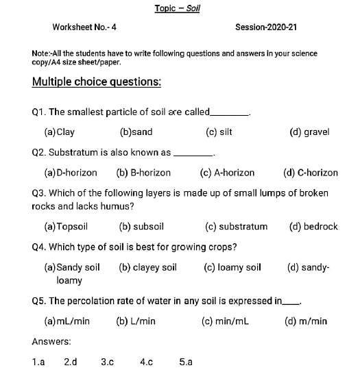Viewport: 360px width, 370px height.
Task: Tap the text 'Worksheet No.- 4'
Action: coord(84,27)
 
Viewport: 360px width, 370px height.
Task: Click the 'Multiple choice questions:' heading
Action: coord(97,83)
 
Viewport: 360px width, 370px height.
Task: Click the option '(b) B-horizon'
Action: coord(143,173)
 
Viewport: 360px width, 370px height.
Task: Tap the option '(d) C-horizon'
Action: coord(310,173)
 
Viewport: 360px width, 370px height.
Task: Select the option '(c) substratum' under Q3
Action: coord(236,226)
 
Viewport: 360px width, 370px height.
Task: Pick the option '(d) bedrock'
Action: coord(313,226)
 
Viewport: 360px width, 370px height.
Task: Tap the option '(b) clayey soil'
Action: coord(147,267)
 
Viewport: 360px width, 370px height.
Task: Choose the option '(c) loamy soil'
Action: coord(232,267)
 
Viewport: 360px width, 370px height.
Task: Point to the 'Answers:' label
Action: coord(51,341)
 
